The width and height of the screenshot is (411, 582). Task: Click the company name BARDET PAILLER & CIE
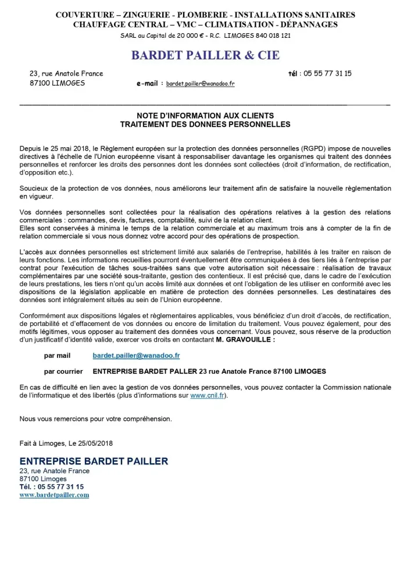[x=205, y=55]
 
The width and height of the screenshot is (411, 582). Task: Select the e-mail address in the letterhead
[x=200, y=84]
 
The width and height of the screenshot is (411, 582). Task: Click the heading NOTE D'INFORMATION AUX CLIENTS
[x=205, y=116]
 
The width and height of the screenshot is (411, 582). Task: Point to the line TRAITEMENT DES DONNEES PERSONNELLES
[x=205, y=124]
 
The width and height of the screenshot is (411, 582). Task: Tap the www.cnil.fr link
[x=206, y=396]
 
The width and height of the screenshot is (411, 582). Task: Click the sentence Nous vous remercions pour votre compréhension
[x=96, y=418]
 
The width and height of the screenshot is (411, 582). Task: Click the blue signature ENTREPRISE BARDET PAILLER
[x=94, y=462]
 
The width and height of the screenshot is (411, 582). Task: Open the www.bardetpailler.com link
[x=54, y=495]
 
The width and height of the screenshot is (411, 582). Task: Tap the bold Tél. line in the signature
[x=51, y=487]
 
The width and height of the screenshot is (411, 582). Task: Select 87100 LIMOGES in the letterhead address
[x=57, y=83]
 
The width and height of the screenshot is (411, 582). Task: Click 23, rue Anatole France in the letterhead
[x=66, y=73]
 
